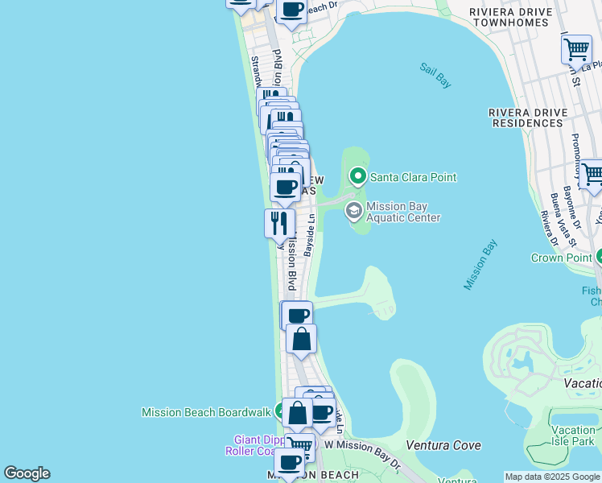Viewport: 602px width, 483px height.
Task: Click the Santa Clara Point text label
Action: tap(413, 177)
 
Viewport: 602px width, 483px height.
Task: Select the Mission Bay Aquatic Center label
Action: tap(403, 212)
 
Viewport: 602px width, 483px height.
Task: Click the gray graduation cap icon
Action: tap(353, 211)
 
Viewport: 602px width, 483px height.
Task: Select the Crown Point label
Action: tap(560, 258)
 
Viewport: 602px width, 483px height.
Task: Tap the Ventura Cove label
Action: tap(443, 445)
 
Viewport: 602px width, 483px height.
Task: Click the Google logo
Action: tap(27, 473)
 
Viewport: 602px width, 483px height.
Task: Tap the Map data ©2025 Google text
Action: tap(552, 477)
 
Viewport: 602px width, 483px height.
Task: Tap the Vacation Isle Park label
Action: tap(573, 436)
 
